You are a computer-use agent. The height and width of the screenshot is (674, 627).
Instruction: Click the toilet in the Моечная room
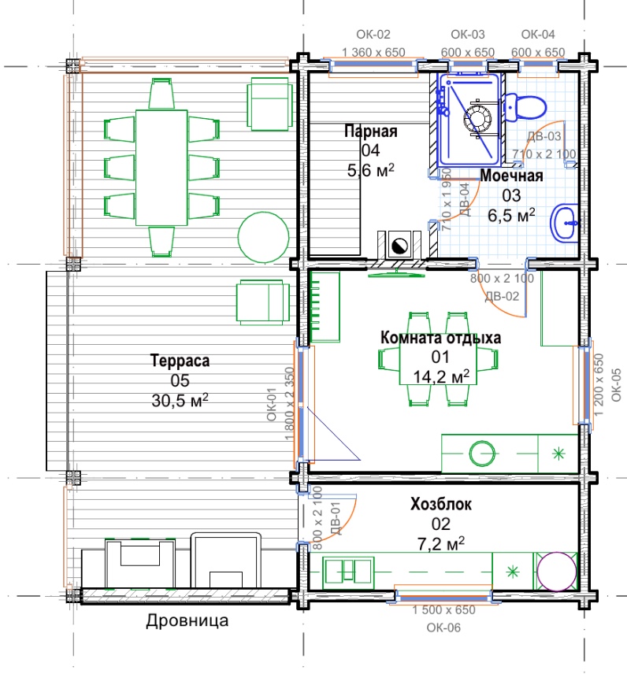coord(525,106)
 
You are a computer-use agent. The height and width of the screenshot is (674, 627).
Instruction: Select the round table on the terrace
coord(263,237)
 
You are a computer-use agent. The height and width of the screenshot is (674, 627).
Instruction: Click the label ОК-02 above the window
coord(373,35)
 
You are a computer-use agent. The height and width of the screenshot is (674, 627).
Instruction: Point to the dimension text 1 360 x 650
coord(373,53)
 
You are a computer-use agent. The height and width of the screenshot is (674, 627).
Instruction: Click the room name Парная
coord(371,131)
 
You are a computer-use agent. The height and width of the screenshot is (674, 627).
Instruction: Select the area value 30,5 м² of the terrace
coord(180,400)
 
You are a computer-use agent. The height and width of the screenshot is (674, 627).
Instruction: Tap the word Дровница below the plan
coord(187,620)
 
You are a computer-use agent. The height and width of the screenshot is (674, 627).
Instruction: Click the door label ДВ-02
coord(502,296)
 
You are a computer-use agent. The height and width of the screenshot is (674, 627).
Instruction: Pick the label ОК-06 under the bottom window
coord(443,628)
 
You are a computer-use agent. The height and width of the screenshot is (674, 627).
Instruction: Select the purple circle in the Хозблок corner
coord(557,572)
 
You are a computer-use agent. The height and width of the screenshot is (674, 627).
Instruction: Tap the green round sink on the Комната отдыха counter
coord(482,454)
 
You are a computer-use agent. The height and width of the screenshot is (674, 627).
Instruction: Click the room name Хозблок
coord(441,504)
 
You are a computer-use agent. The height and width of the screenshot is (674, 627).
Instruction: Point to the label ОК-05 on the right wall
coord(616,385)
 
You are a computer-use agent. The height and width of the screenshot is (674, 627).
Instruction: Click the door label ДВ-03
coord(544,136)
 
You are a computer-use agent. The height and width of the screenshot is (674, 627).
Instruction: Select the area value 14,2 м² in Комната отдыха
coord(441,376)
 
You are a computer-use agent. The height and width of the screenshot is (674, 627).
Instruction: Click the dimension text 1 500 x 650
coord(443,609)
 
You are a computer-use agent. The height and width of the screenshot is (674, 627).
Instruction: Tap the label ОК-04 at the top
coord(538,35)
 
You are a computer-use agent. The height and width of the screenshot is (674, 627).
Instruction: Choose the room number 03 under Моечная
coord(511,195)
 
